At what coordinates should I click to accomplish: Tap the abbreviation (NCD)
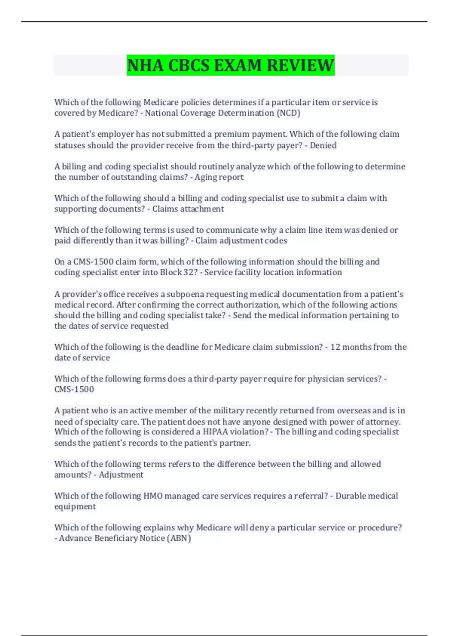(x=288, y=113)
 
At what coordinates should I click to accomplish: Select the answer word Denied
(x=323, y=145)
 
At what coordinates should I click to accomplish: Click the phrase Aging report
(x=219, y=177)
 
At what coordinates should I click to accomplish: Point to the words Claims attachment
(x=188, y=209)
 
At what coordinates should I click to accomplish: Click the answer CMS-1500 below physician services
(x=74, y=389)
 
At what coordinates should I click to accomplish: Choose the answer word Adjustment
(x=121, y=475)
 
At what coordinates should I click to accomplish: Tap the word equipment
(x=75, y=507)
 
